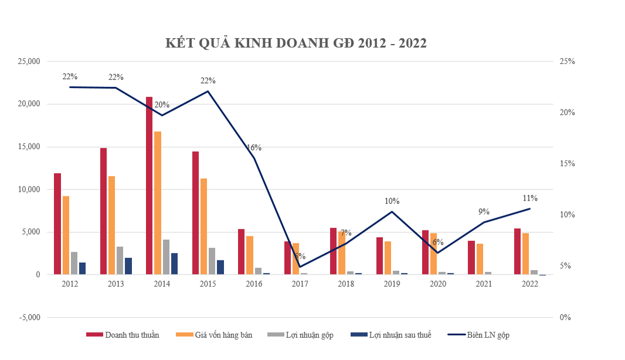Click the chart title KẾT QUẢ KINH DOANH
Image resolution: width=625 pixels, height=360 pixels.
coord(295,43)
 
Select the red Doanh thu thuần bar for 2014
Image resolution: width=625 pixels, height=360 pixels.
coord(150,185)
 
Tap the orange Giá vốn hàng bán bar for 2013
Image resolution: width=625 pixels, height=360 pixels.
coord(112,225)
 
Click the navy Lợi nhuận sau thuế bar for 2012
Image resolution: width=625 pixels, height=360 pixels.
coord(82,269)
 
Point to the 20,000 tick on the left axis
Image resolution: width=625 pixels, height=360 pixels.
coord(28,104)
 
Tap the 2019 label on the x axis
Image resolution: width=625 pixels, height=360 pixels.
coord(392,284)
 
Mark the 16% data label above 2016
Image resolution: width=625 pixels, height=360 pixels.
coord(254,147)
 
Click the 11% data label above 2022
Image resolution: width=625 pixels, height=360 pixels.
coord(530,198)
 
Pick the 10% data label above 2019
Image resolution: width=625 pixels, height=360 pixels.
coord(392,201)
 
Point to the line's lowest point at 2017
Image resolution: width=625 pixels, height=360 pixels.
coord(300,267)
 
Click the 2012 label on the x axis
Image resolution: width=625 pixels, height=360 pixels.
coord(69,284)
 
